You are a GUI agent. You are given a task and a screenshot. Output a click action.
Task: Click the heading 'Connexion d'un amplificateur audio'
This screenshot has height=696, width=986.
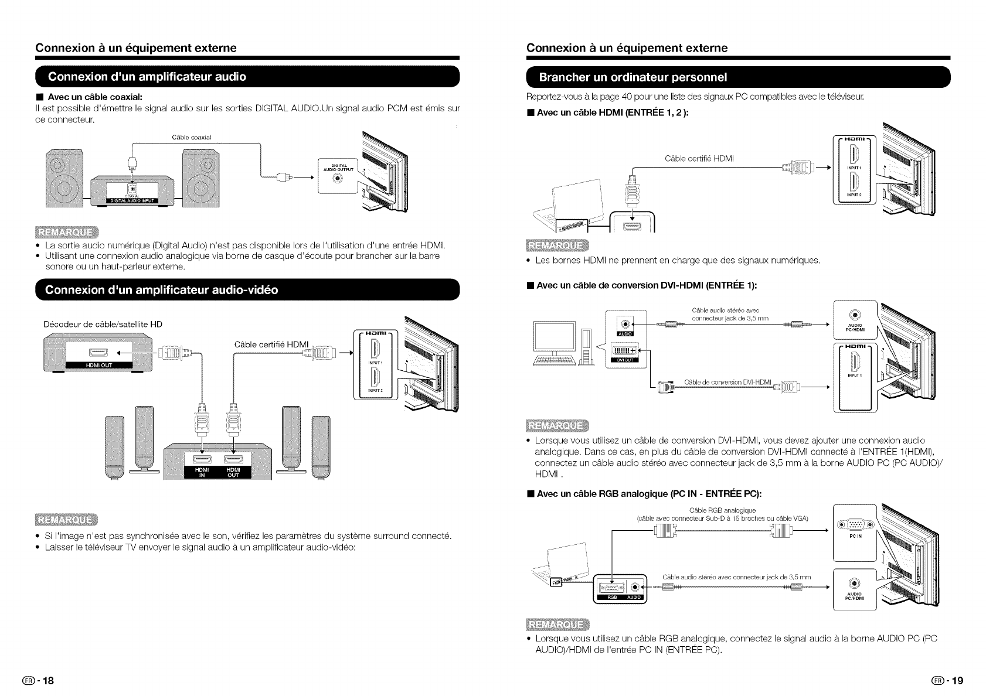147,77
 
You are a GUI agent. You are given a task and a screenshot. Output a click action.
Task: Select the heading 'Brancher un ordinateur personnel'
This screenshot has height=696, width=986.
633,77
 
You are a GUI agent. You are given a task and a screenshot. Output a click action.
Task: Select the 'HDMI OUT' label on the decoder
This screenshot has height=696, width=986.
99,365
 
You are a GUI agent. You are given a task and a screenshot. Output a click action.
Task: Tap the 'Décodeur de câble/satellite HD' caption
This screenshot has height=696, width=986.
103,324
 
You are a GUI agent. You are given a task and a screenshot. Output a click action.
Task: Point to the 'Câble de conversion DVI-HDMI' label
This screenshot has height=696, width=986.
727,383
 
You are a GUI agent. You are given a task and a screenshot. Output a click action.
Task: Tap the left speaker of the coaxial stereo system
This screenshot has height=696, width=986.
64,180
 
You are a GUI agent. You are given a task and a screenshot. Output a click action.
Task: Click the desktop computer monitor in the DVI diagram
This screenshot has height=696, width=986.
554,337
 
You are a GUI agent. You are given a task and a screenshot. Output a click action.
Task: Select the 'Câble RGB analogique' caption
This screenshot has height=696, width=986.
723,510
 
